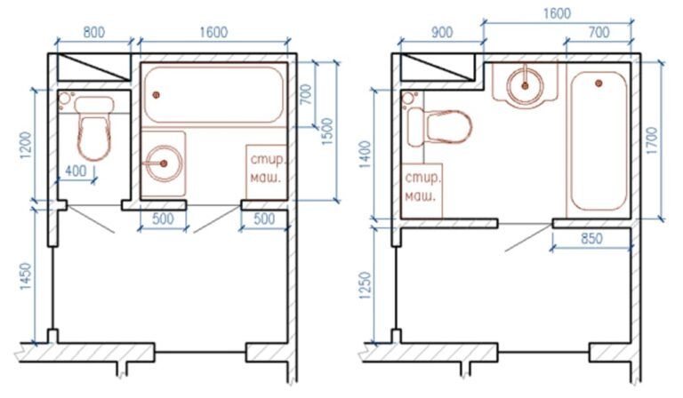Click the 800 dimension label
[x=93, y=32]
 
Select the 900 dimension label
[x=441, y=32]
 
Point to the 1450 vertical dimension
[x=26, y=277]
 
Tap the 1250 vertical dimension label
[x=366, y=286]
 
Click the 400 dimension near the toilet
[x=76, y=171]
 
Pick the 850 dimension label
[x=591, y=238]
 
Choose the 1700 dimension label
[x=651, y=140]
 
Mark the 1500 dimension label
[x=328, y=131]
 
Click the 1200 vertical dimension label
[x=26, y=146]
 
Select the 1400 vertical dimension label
[x=366, y=155]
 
